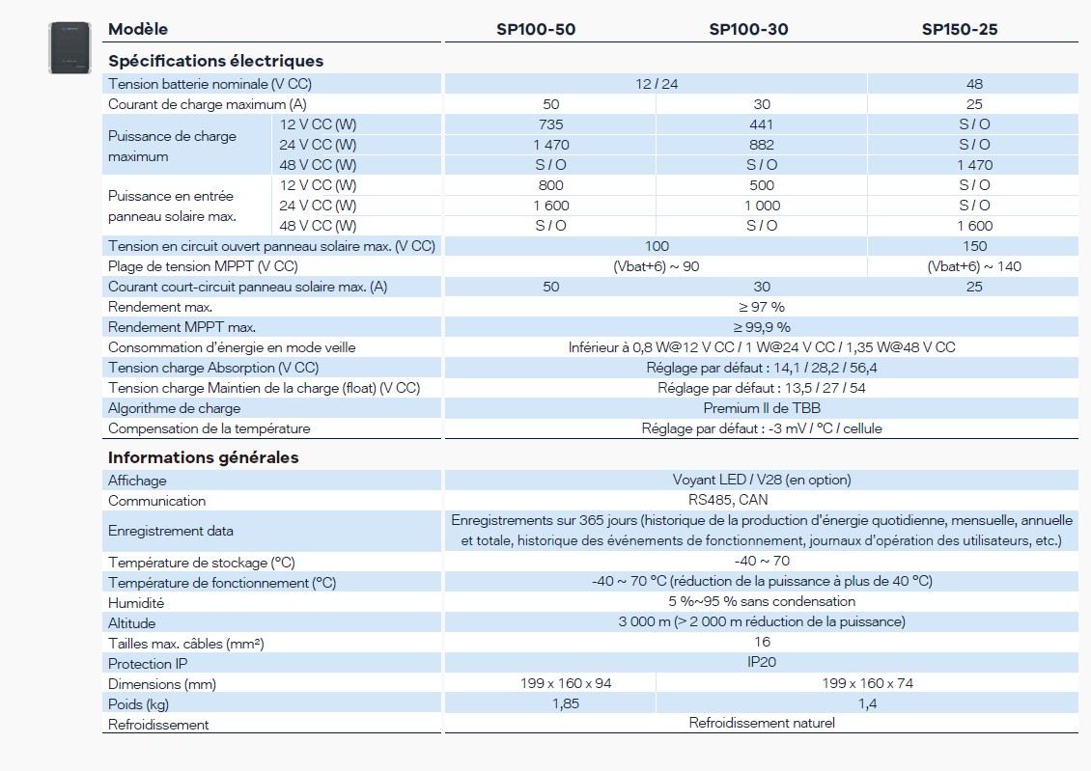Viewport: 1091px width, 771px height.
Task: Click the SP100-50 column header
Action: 536,29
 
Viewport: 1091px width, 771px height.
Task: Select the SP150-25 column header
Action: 959,29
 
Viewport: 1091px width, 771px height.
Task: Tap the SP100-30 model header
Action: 748,29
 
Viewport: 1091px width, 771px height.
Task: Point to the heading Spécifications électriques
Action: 215,61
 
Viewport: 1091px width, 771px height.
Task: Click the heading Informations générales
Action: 203,457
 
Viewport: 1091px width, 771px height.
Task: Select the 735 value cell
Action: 550,124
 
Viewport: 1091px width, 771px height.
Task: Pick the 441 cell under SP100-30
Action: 762,124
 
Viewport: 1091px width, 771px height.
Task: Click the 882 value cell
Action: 762,145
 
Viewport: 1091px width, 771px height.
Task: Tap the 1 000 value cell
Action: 762,206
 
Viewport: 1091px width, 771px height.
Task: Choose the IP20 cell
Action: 762,662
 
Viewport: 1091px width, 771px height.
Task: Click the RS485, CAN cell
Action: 762,500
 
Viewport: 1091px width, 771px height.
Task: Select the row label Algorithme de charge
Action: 175,408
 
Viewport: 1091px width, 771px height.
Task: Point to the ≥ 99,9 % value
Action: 762,327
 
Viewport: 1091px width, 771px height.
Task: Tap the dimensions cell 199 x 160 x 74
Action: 868,683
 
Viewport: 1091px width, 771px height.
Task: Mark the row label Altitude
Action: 131,623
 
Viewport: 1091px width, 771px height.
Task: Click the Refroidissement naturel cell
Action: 762,723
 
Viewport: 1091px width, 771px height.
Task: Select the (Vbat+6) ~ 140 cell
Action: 974,266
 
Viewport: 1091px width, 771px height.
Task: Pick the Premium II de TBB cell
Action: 762,408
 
